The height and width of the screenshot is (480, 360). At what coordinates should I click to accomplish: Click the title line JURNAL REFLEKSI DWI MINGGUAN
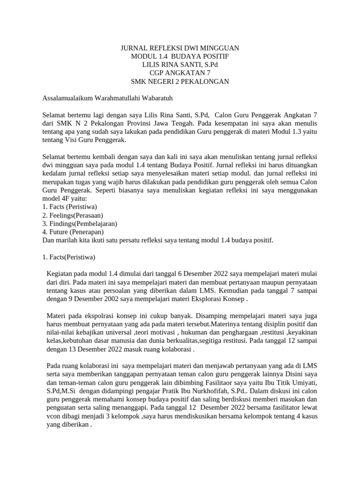click(x=180, y=48)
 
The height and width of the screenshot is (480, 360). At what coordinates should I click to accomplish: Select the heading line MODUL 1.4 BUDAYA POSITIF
click(x=180, y=56)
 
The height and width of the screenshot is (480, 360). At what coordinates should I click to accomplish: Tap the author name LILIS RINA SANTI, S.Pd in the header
click(x=180, y=65)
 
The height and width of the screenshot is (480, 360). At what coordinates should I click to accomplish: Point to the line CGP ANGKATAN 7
click(x=180, y=73)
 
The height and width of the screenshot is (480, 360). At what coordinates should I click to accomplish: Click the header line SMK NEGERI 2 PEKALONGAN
click(x=180, y=82)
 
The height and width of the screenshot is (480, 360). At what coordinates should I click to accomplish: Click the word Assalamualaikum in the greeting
click(x=67, y=98)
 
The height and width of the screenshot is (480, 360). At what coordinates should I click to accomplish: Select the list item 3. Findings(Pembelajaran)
click(x=80, y=224)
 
